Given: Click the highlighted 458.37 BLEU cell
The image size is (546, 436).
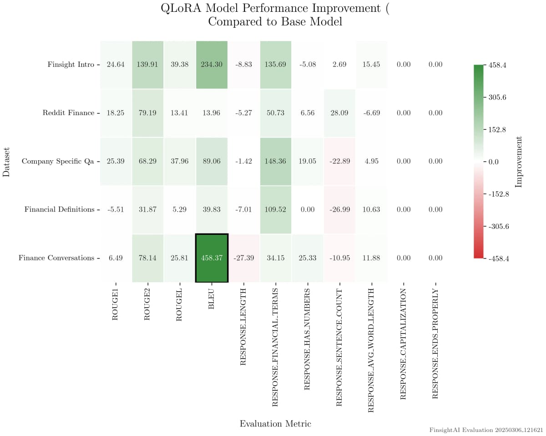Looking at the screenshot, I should [x=212, y=258].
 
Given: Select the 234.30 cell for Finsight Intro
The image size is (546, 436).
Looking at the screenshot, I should [x=212, y=65].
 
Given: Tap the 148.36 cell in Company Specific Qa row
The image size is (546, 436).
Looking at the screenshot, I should [x=275, y=161].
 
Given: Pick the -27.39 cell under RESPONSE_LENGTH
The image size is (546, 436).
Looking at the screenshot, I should [x=243, y=258].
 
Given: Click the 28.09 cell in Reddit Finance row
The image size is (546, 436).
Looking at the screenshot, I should [x=339, y=113].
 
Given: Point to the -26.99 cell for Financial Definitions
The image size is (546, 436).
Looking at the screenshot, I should [x=339, y=210].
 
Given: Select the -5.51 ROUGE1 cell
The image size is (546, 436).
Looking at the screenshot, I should [x=116, y=210].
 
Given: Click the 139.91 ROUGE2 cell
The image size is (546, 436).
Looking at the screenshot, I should [x=148, y=65].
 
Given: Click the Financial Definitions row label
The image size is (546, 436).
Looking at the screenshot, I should [x=60, y=210].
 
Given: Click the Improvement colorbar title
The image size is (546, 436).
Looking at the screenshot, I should [x=519, y=162].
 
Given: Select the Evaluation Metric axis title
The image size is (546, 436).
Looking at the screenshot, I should [x=275, y=424].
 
